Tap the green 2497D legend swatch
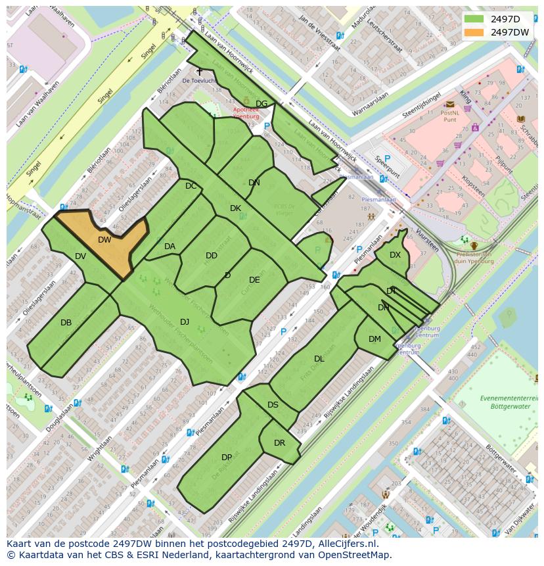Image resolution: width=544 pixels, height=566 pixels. tap(473, 18)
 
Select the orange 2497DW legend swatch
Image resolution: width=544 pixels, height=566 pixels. tap(473, 32)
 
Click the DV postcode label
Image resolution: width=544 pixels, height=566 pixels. tap(80, 256)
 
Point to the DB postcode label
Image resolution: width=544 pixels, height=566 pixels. tap(66, 323)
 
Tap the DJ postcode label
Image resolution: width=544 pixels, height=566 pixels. tap(185, 321)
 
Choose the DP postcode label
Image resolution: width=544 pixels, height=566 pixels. tap(227, 458)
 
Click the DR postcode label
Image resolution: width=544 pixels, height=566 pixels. tap(280, 443)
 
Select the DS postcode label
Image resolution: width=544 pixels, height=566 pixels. tap(273, 405)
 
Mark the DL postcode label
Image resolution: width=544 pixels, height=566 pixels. tap(319, 359)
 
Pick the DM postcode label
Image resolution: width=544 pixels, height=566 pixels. tap(374, 339)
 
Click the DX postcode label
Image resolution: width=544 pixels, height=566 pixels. tap(395, 255)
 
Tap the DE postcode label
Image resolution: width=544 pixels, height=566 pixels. tap(254, 280)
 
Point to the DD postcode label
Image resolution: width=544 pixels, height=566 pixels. tap(212, 256)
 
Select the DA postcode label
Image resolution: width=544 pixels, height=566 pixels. tap(170, 247)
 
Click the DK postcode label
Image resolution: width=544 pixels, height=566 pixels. tap(235, 208)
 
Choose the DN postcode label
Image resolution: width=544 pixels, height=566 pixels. tap(254, 183)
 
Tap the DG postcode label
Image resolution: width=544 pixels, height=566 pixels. tap(261, 104)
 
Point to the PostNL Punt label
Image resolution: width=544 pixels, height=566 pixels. tap(450, 116)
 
